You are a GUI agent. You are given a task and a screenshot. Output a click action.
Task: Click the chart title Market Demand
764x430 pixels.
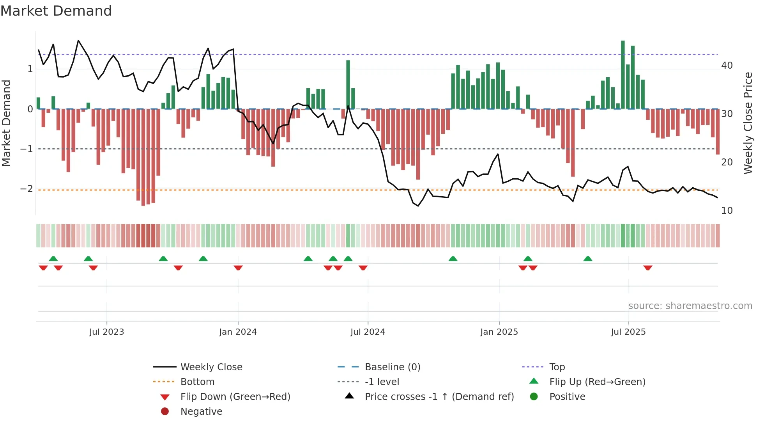point(56,11)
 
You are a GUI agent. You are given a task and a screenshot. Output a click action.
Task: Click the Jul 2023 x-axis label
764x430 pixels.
point(106,332)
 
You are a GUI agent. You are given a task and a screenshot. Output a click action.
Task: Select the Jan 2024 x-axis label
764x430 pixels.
point(238,332)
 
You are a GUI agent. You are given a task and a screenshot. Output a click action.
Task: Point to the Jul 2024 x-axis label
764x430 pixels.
point(368,332)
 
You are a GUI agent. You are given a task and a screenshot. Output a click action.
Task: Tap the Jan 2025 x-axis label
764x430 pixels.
point(499,332)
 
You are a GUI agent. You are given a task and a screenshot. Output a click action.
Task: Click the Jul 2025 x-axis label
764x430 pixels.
point(628,332)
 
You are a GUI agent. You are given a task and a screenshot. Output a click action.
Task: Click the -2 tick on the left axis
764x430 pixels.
point(27,189)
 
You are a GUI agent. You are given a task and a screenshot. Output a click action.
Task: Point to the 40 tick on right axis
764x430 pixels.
point(727,66)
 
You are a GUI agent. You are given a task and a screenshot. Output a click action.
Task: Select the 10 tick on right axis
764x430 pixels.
point(727,211)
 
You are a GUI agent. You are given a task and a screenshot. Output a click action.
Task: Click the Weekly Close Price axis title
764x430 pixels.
point(748,123)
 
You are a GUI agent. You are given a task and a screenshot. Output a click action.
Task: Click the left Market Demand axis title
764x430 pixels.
point(6,123)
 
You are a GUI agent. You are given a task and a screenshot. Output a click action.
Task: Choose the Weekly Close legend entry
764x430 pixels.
point(211,367)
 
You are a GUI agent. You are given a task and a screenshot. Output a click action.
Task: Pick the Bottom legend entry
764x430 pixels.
point(197,382)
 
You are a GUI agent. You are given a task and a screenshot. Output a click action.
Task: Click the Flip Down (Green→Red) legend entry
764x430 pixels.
point(235,397)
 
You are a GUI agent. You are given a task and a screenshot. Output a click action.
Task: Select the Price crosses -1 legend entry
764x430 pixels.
point(439,397)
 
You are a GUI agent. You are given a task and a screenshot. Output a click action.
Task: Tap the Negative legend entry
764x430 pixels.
point(201,412)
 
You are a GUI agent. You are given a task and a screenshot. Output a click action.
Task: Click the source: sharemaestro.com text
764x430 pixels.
point(690,306)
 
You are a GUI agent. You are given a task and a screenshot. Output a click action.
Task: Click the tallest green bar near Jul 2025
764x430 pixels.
point(623,74)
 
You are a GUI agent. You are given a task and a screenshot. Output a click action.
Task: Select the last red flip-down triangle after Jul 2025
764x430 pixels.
point(648,268)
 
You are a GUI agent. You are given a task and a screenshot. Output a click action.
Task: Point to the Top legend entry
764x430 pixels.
point(557,367)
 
